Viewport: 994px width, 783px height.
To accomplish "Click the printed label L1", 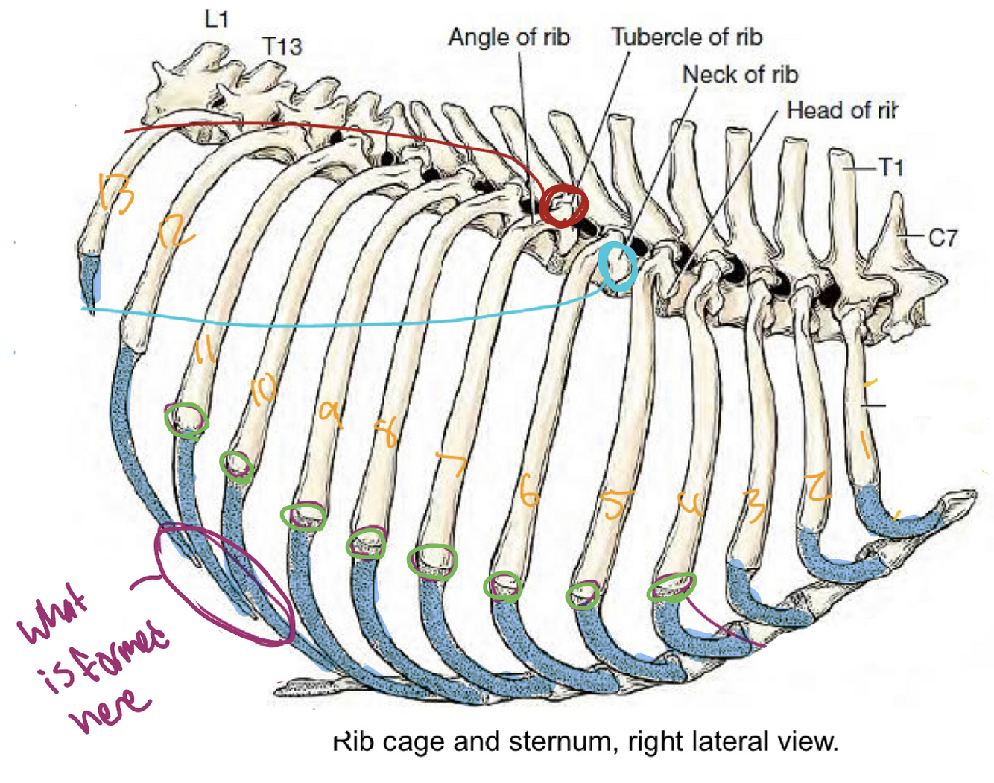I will (216, 18).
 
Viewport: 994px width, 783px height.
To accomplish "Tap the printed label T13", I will (282, 46).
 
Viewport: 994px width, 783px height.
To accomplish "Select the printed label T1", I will (891, 167).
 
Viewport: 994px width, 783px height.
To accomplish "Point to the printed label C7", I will (943, 238).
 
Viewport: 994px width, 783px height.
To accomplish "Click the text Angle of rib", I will (509, 37).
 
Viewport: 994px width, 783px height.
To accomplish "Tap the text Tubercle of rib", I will (686, 37).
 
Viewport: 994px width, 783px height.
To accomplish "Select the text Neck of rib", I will (740, 75).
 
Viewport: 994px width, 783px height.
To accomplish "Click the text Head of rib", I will (841, 111).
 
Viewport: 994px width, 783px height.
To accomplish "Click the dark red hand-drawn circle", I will (564, 205).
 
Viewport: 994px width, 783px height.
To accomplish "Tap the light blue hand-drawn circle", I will (618, 266).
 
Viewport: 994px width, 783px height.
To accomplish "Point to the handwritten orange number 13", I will (117, 193).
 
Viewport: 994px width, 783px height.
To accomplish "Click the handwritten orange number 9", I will (330, 413).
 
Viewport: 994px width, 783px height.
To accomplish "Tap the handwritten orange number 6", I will (528, 492).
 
